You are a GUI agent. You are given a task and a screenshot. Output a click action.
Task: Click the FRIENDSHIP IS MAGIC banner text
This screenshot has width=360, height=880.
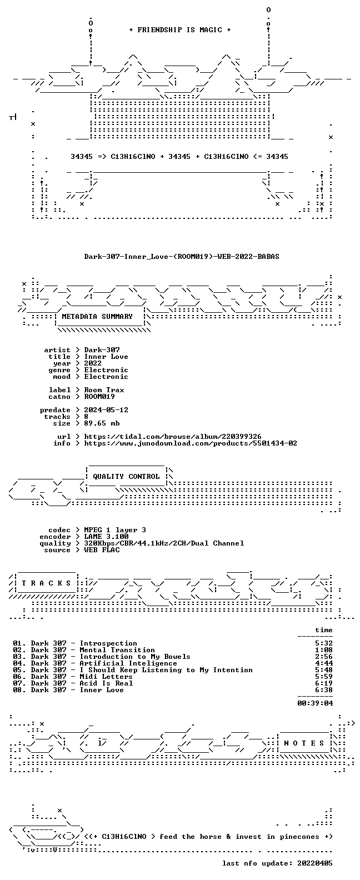[180, 30]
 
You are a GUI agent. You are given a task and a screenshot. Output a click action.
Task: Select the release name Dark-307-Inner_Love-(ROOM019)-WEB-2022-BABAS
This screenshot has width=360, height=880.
[182, 257]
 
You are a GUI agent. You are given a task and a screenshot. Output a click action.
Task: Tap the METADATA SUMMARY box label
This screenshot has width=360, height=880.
[97, 316]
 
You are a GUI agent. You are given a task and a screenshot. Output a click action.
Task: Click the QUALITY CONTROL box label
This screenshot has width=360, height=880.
[126, 477]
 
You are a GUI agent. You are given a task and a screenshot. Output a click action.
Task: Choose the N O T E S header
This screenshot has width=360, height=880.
[304, 743]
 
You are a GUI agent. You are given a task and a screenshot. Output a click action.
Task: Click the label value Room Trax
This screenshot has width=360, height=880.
[104, 390]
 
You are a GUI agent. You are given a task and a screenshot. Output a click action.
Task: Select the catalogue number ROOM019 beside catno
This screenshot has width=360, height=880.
[99, 397]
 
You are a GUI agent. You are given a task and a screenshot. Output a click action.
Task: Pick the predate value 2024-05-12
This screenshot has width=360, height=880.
[106, 410]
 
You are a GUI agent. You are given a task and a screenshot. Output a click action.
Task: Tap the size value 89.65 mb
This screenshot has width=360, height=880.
[102, 423]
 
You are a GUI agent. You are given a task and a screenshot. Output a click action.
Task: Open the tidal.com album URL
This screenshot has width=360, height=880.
[173, 437]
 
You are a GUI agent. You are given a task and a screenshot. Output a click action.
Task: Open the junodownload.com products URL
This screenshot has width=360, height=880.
[191, 443]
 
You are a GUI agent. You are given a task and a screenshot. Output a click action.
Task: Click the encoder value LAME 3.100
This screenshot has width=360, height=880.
[106, 537]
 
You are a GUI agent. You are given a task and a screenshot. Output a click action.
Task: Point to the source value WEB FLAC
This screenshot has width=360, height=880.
[102, 550]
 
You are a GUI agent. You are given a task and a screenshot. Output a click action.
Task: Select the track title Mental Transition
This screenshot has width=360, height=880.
[117, 650]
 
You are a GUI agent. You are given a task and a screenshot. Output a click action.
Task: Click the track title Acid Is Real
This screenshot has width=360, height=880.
[106, 683]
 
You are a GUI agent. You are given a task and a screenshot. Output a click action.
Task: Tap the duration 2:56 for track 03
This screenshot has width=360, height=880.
[324, 657]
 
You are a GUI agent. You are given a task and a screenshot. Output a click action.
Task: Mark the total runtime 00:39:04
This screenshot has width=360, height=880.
[315, 703]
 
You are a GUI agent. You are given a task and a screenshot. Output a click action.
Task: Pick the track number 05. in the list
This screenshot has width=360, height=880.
[19, 670]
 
